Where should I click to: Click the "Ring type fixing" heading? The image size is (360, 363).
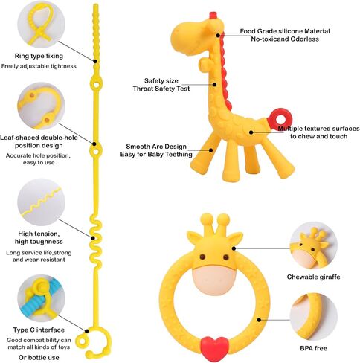coord(39,56)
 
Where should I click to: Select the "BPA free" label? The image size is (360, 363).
coord(313,348)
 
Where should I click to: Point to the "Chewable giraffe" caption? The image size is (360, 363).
coord(313,277)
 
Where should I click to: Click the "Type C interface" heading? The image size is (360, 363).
coord(39,330)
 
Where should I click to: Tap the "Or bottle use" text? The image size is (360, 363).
coord(39,357)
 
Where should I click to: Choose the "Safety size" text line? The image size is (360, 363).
coord(161,81)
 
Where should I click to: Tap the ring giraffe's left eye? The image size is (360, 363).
coord(202,257)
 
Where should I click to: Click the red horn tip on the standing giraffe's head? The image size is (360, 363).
coord(213,15)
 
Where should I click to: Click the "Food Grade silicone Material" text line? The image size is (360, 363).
coord(285,31)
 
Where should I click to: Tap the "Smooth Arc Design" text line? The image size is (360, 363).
coord(156,147)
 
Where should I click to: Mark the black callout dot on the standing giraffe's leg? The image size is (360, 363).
coord(210,150)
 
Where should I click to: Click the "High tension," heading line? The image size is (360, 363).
coord(39,234)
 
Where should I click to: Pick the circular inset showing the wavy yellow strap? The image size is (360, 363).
coord(41,202)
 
